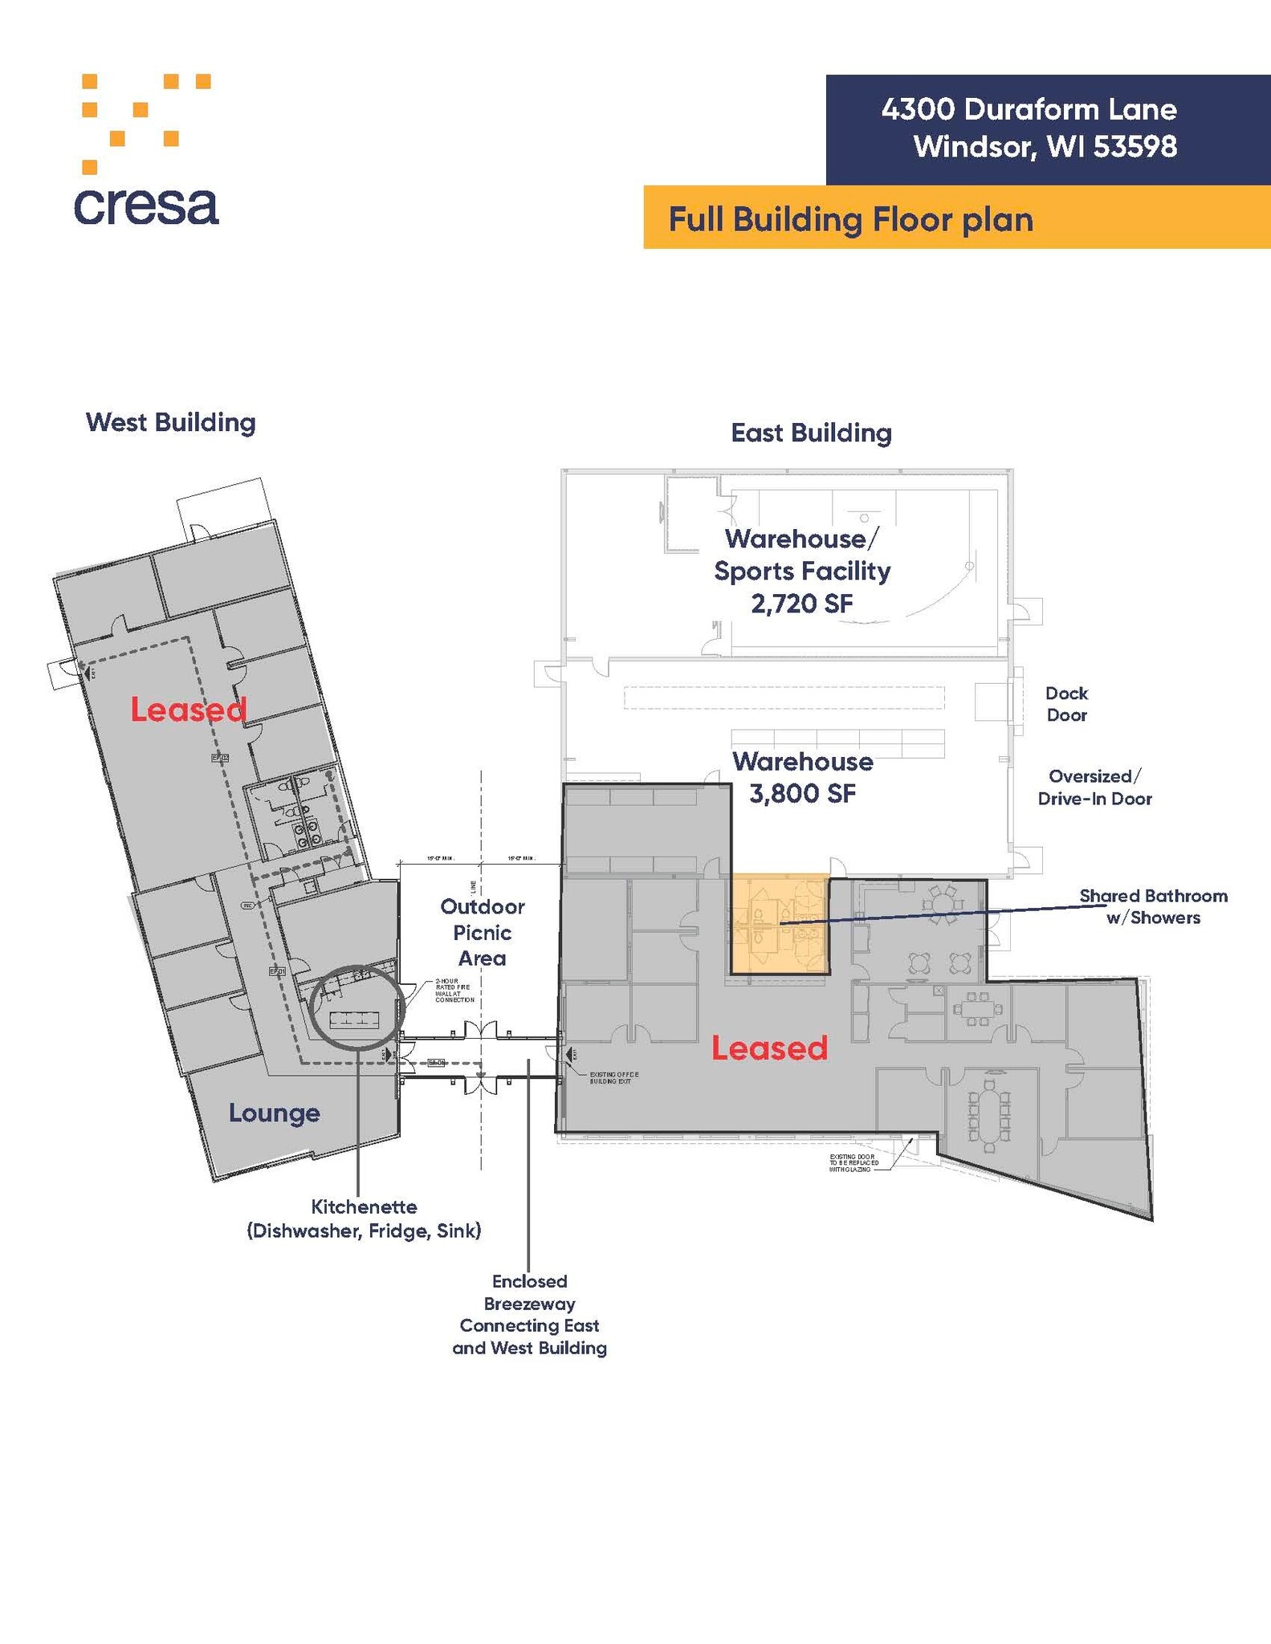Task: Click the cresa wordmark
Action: click(x=146, y=207)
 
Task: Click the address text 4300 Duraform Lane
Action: click(x=1029, y=109)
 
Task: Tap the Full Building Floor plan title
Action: click(x=850, y=219)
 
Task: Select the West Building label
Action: click(x=170, y=422)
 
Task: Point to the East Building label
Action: click(x=811, y=433)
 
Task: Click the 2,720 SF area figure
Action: click(x=801, y=603)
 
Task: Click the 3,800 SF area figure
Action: click(x=802, y=793)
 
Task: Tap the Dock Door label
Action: click(x=1066, y=704)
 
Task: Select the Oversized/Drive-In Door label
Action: click(x=1094, y=787)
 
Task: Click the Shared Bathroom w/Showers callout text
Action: click(x=1153, y=906)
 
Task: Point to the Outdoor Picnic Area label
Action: click(x=482, y=932)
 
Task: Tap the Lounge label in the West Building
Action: click(x=274, y=1113)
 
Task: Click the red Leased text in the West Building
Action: click(x=188, y=710)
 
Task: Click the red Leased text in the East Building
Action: click(x=769, y=1048)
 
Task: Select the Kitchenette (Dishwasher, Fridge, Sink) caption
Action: click(x=364, y=1219)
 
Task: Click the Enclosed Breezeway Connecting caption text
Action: click(x=529, y=1314)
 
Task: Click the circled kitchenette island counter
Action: click(x=356, y=1019)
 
